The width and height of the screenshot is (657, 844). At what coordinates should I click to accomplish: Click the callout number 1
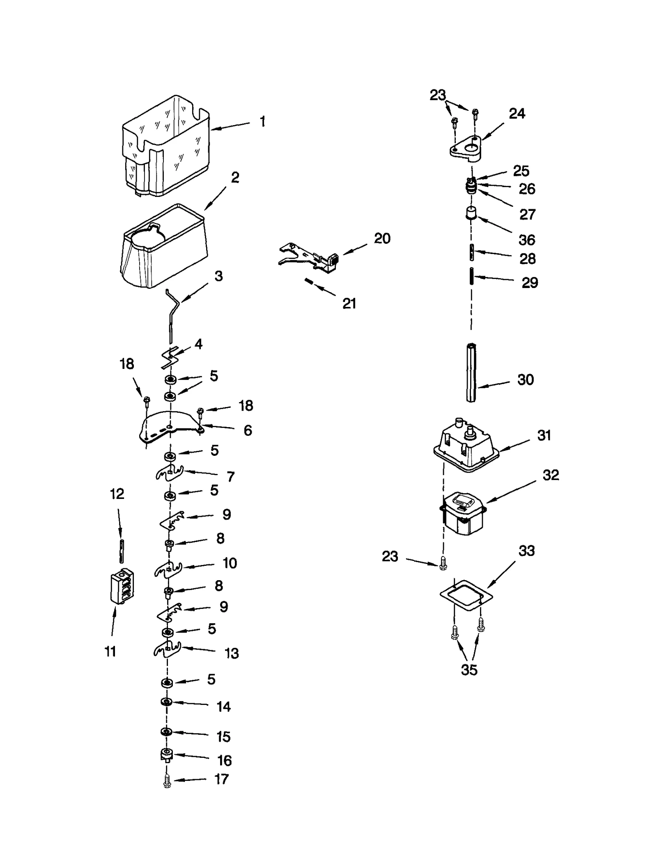pyautogui.click(x=262, y=121)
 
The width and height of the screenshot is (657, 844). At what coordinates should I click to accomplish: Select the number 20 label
pyautogui.click(x=382, y=238)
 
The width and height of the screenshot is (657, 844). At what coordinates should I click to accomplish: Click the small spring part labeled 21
pyautogui.click(x=309, y=281)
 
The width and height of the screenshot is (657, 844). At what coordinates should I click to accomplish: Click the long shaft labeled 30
pyautogui.click(x=471, y=373)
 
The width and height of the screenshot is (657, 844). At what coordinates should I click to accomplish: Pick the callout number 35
pyautogui.click(x=469, y=670)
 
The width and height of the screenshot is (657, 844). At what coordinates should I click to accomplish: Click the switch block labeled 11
pyautogui.click(x=122, y=587)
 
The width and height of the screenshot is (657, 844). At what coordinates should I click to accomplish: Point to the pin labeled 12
pyautogui.click(x=122, y=551)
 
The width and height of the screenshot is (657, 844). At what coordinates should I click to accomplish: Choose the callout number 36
pyautogui.click(x=527, y=240)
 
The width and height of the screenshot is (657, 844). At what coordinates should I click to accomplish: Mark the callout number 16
pyautogui.click(x=224, y=760)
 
